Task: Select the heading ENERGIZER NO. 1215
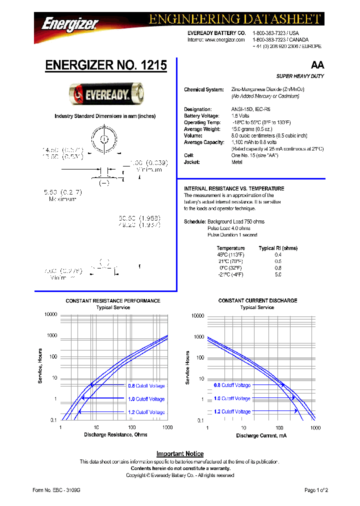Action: [106, 65]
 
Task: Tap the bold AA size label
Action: [317, 65]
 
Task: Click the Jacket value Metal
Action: [236, 162]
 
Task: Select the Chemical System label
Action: [204, 89]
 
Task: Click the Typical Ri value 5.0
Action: [278, 274]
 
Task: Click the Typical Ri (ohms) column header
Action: [278, 248]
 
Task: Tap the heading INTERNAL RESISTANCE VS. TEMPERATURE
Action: [234, 188]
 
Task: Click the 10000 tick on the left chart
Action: [50, 314]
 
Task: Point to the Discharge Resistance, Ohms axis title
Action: [115, 434]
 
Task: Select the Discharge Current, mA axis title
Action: [261, 436]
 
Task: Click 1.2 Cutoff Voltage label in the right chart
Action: [232, 411]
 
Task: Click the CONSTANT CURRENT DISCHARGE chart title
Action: [257, 300]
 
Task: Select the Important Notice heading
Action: [179, 454]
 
